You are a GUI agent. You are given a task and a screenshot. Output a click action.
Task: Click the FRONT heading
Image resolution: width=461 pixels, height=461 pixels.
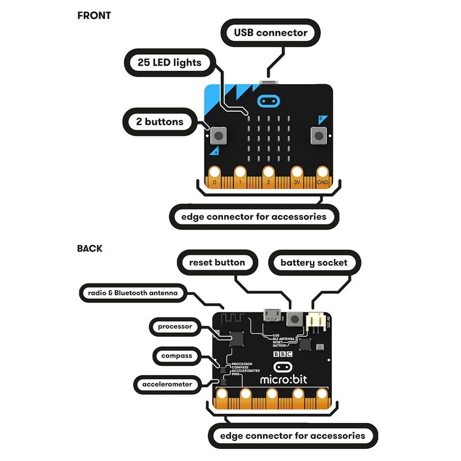point(94,16)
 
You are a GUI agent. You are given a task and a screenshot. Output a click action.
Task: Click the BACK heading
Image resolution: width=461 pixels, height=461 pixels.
point(90,249)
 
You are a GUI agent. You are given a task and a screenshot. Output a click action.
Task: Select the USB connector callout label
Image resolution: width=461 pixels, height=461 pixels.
point(270,33)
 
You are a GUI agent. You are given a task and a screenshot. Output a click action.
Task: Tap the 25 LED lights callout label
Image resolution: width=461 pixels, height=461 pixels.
point(169,62)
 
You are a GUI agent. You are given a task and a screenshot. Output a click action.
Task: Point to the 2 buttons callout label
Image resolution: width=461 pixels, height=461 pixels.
point(161,122)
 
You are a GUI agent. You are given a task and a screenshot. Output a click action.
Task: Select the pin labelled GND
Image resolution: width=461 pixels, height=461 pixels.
point(323,173)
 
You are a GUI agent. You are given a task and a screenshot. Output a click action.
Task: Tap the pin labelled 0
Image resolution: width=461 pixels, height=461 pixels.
point(215,173)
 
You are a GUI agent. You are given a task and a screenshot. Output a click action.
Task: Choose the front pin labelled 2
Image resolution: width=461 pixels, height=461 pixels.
point(269,173)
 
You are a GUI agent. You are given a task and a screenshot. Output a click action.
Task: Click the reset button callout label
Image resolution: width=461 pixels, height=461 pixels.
point(217,263)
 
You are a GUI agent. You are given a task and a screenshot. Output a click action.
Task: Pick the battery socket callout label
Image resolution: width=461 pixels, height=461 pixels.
point(314,263)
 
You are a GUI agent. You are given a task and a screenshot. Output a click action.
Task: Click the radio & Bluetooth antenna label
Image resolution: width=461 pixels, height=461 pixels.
point(133,293)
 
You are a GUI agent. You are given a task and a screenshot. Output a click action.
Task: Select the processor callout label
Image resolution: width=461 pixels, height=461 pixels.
point(175,326)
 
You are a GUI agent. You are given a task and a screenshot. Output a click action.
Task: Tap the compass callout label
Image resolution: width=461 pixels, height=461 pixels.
point(176,356)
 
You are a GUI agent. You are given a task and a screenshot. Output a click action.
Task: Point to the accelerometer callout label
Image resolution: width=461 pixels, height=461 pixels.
point(166,383)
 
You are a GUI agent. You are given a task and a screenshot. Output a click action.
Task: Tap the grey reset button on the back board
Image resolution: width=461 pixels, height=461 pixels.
point(296,318)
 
